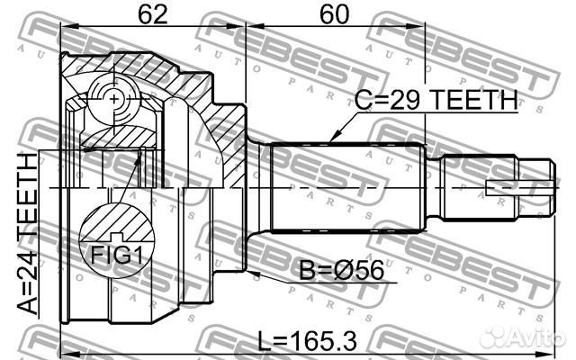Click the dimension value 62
153,15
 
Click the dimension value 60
332,15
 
